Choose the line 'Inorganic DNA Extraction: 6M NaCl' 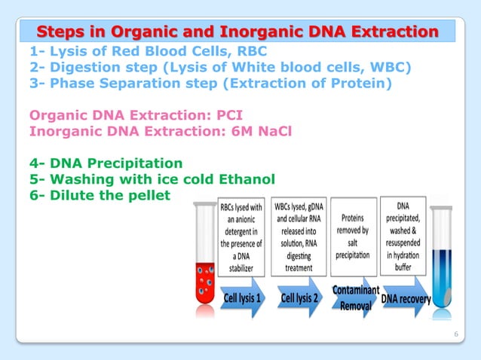tap(150, 131)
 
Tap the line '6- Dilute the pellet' tap(100, 194)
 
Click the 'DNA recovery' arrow tap(406, 298)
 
